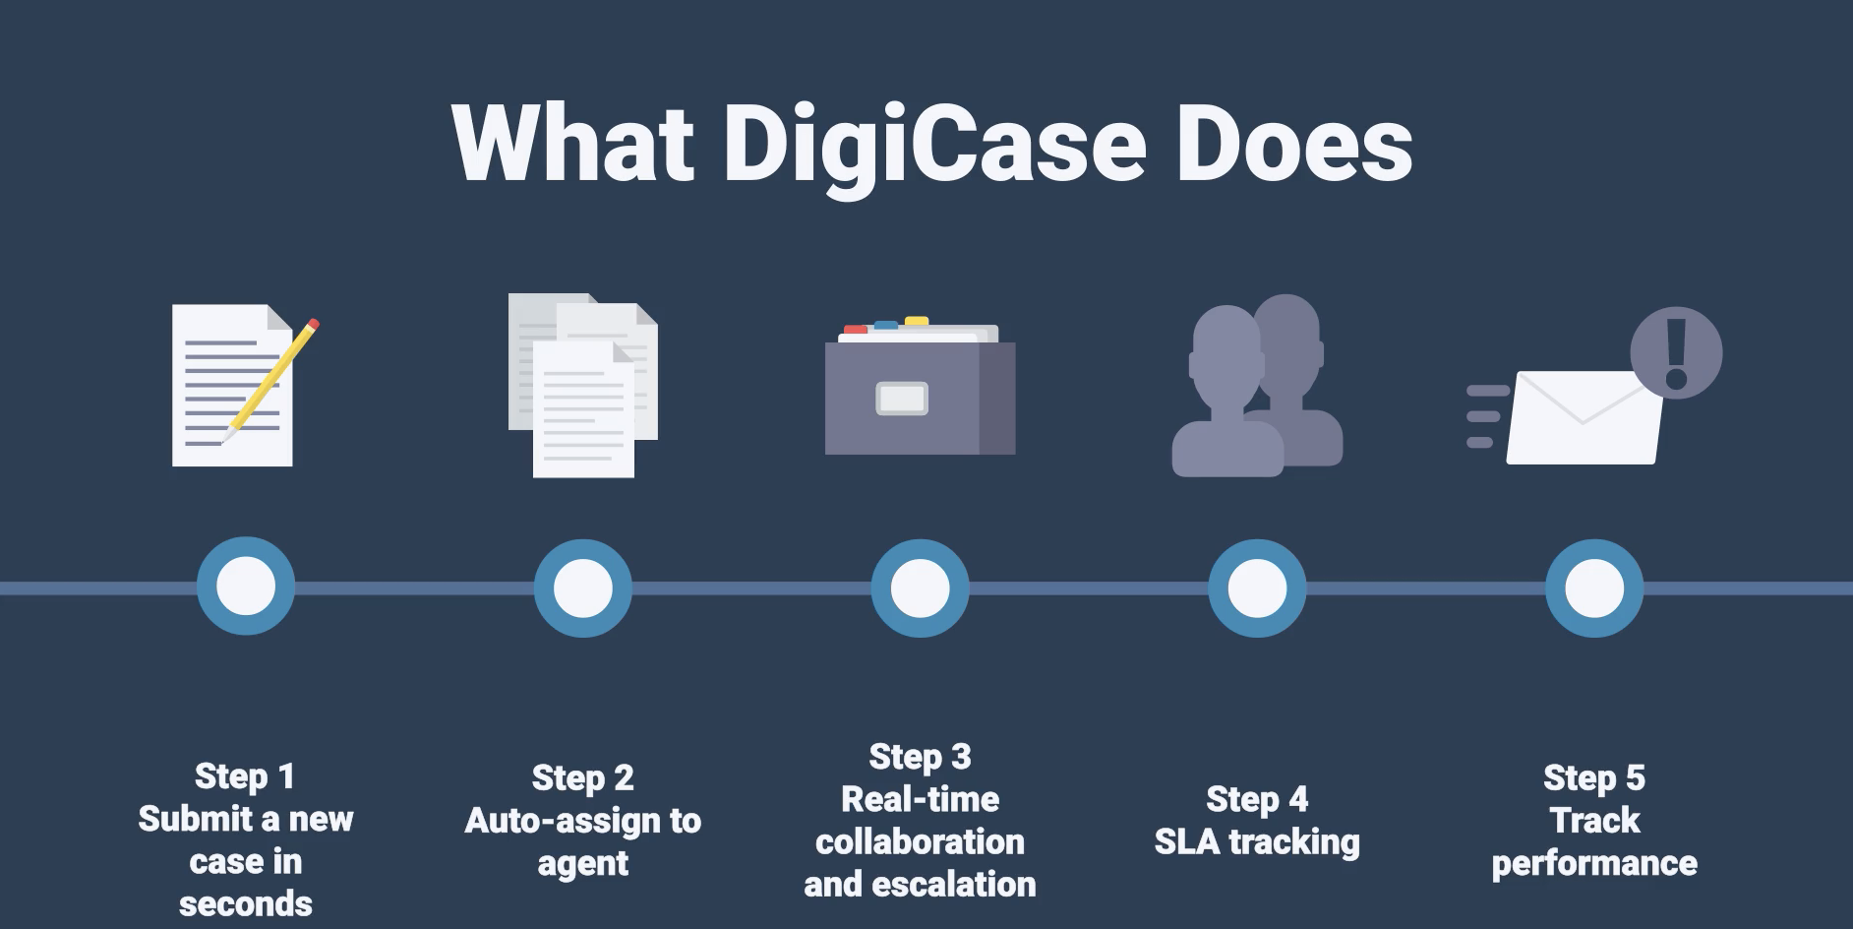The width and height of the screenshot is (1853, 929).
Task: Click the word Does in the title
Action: (x=1294, y=144)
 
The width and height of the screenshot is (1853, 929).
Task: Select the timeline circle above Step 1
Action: (x=246, y=587)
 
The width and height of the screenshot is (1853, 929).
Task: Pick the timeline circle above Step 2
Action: (x=583, y=588)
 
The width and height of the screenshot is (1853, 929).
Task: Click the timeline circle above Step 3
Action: (x=921, y=588)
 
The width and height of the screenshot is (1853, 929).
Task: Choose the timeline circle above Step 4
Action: (x=1257, y=588)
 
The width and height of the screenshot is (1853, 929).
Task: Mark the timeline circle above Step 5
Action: (x=1594, y=588)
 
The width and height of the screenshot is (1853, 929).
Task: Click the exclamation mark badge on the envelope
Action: (x=1676, y=352)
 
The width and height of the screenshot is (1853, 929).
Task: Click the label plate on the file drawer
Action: (x=902, y=399)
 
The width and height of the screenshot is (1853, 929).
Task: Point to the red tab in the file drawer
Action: (x=856, y=330)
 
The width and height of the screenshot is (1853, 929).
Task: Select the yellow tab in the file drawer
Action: (x=917, y=321)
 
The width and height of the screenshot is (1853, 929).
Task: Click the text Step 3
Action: (x=920, y=757)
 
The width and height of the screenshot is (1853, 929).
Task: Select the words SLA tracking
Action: (x=1257, y=842)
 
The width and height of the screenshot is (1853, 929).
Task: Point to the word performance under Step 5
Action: (x=1594, y=864)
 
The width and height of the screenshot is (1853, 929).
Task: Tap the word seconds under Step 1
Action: (x=246, y=903)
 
